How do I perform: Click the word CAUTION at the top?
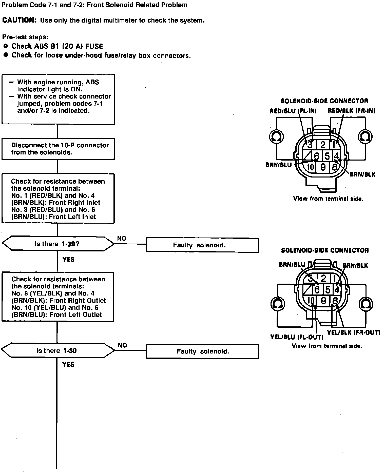click(19, 21)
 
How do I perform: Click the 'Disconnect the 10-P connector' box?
click(58, 149)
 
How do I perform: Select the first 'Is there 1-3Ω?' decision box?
click(58, 244)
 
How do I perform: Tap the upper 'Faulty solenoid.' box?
click(202, 245)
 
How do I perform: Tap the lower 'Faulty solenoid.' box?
click(202, 351)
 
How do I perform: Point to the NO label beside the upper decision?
click(122, 239)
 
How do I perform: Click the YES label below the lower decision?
click(68, 364)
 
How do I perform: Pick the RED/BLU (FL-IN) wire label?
click(293, 111)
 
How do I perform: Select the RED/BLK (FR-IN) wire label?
click(351, 111)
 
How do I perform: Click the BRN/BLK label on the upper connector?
click(362, 174)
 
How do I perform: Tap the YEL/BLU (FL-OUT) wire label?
click(297, 337)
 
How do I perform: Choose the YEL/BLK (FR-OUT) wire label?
click(353, 332)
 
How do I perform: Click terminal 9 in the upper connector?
click(323, 167)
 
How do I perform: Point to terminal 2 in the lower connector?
click(323, 279)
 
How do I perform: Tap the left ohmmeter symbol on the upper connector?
click(276, 136)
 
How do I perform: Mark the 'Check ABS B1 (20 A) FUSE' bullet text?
click(57, 46)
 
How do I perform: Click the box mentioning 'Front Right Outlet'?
click(58, 297)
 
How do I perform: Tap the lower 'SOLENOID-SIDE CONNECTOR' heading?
click(325, 250)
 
